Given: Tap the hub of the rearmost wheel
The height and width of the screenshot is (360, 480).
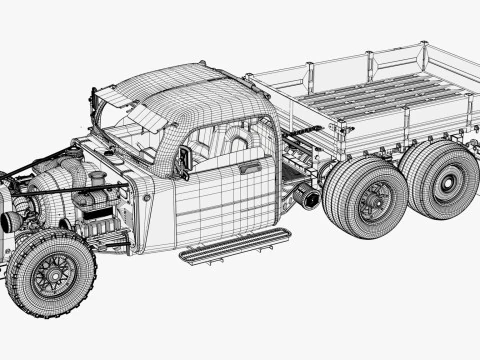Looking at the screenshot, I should [445, 184].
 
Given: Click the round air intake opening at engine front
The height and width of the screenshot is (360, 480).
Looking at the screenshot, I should [12, 219].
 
